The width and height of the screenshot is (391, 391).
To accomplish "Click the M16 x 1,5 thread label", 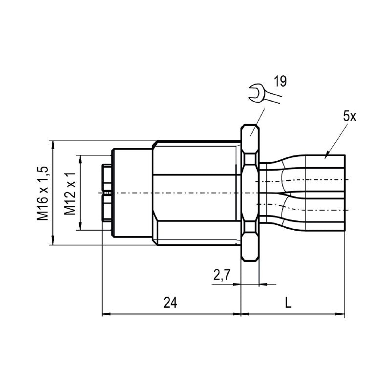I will (x=43, y=193).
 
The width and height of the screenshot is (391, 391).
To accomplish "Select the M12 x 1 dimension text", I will (x=70, y=193).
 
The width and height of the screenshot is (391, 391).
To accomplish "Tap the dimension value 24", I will (x=170, y=303).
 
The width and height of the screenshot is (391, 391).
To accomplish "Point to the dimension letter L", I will (x=288, y=303).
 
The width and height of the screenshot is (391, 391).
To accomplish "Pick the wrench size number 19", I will (x=280, y=81).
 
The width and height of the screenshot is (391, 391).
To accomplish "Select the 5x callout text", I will (x=349, y=116).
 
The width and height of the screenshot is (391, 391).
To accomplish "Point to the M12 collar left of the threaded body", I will (x=132, y=193).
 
